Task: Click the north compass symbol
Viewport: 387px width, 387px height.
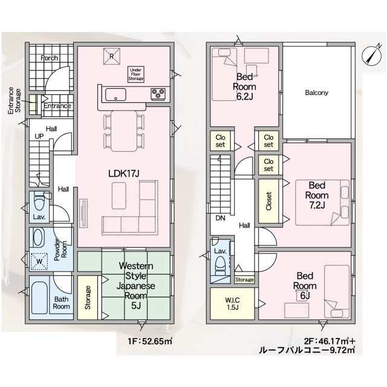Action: point(372,55)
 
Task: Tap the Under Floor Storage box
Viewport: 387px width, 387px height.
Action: point(135,74)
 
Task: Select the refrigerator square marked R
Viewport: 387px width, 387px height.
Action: point(111,56)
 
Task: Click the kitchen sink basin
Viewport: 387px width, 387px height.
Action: point(115,94)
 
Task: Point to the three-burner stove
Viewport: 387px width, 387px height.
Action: point(158,94)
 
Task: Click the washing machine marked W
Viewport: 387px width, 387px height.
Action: point(39,261)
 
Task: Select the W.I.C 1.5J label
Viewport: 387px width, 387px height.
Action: point(232,304)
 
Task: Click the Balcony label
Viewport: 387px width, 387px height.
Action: point(317,93)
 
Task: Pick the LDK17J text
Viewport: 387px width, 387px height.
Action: point(124,174)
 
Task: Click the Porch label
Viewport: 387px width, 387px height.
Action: point(50,58)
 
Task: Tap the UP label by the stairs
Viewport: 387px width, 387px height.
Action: point(39,136)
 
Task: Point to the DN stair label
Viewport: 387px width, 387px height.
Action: point(220,218)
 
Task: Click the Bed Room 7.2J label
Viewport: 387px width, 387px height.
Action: point(317,195)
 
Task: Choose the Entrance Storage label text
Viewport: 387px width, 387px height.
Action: point(15,101)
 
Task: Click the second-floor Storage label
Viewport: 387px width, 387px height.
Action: point(244,279)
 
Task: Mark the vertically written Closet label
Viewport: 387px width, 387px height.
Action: point(268,201)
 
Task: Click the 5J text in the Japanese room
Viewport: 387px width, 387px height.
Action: point(136,305)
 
